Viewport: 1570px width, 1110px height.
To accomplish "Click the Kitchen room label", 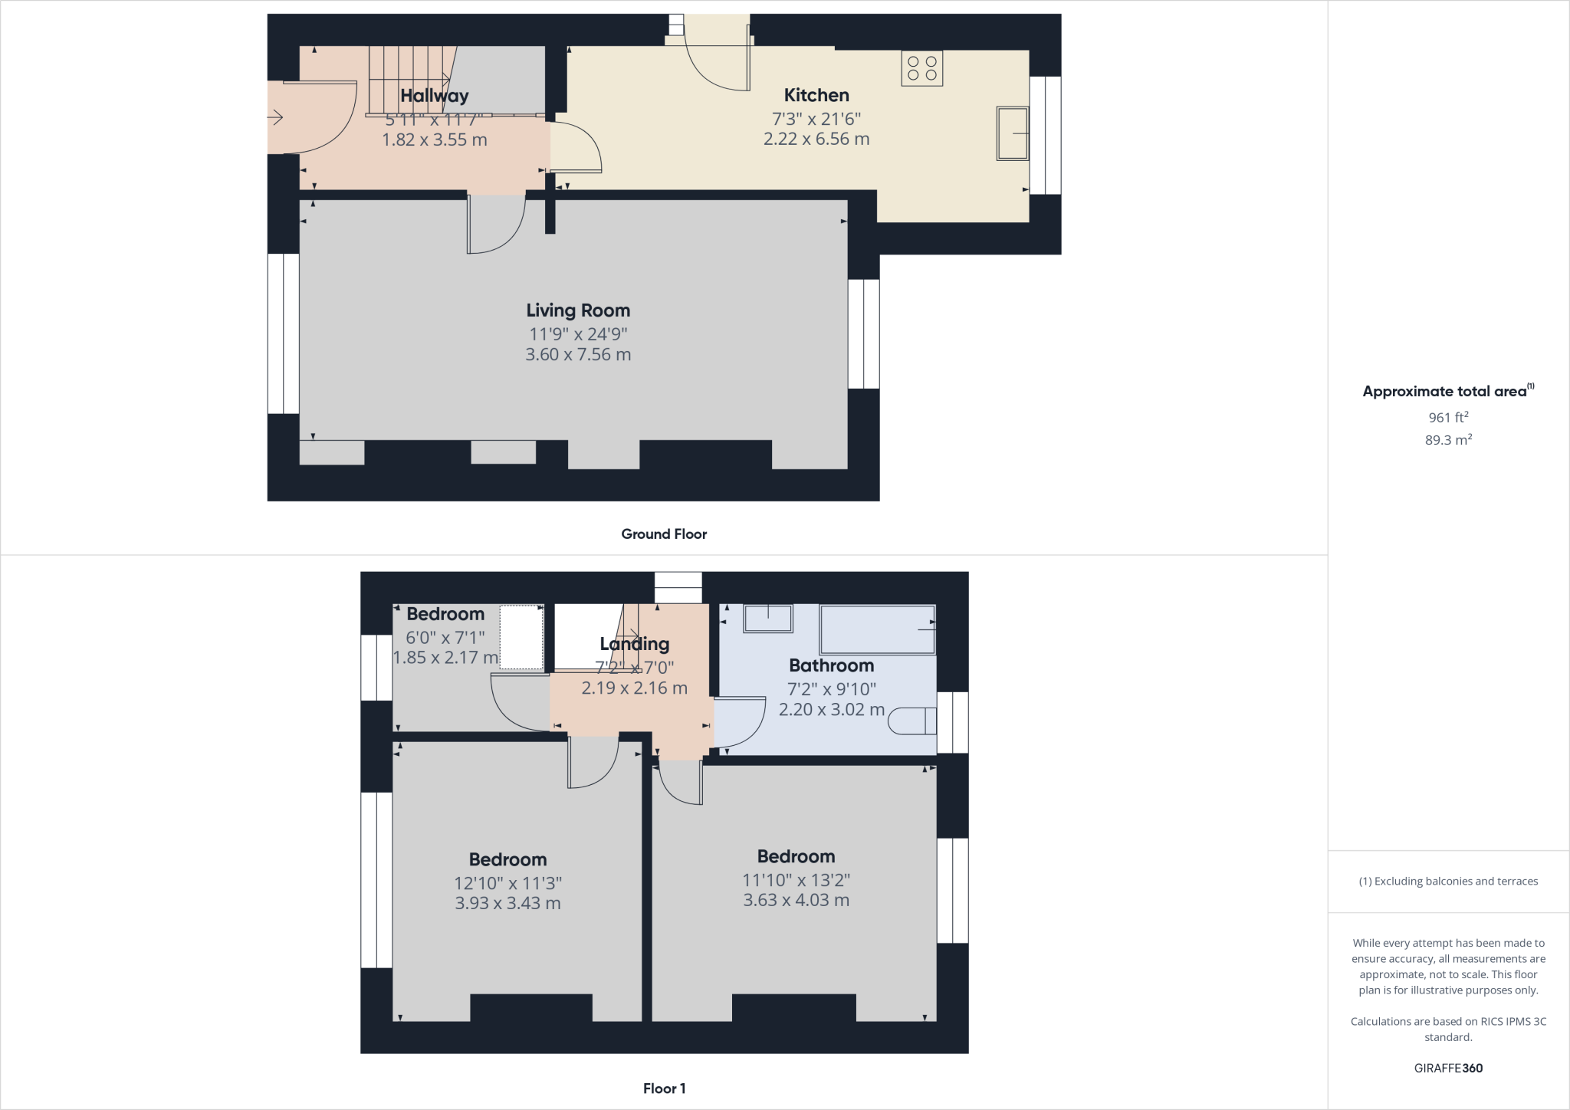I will pyautogui.click(x=816, y=95).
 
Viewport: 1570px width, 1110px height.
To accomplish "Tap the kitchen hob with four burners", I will pyautogui.click(x=921, y=69).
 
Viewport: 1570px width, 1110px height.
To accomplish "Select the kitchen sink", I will pyautogui.click(x=1012, y=133).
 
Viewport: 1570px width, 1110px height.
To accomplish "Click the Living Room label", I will pyautogui.click(x=578, y=310).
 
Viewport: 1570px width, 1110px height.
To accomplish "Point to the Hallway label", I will pyautogui.click(x=434, y=96).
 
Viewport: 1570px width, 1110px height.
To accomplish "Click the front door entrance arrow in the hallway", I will pyautogui.click(x=276, y=117).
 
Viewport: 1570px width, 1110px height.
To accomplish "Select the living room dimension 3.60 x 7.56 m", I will pyautogui.click(x=578, y=355).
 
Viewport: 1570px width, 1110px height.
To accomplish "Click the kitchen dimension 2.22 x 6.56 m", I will pyautogui.click(x=816, y=140).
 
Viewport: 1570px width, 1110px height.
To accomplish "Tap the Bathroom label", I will pyautogui.click(x=831, y=665).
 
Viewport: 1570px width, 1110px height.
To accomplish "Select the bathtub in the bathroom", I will pyautogui.click(x=878, y=629).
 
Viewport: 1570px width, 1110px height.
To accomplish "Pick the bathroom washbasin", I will pyautogui.click(x=768, y=619).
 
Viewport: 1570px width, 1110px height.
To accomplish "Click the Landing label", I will pyautogui.click(x=634, y=644).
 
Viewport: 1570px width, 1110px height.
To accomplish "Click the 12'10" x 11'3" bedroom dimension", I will pyautogui.click(x=507, y=883).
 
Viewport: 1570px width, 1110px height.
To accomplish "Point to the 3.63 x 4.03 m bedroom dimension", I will pyautogui.click(x=796, y=901).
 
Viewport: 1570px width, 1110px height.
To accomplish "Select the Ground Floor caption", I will pyautogui.click(x=664, y=534).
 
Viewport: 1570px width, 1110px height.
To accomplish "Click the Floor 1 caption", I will pyautogui.click(x=664, y=1089).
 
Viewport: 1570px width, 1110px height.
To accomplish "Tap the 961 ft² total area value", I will pyautogui.click(x=1448, y=418).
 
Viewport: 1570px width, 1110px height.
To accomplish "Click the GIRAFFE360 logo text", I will pyautogui.click(x=1448, y=1068).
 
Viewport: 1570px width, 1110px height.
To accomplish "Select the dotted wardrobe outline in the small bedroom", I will pyautogui.click(x=521, y=637).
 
